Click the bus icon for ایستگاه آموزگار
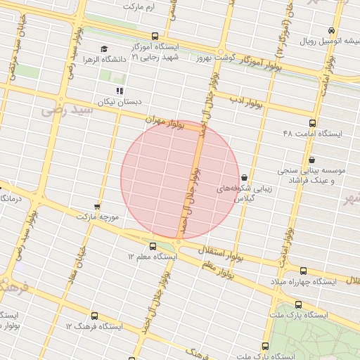pyautogui.click(x=155, y=36)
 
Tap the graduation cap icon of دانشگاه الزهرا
pyautogui.click(x=104, y=49)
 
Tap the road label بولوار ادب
pyautogui.click(x=246, y=101)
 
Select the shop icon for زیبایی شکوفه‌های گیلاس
pyautogui.click(x=244, y=177)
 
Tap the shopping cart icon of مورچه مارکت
pyautogui.click(x=97, y=207)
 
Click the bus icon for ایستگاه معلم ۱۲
pyautogui.click(x=153, y=245)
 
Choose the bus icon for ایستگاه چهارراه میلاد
pyautogui.click(x=303, y=271)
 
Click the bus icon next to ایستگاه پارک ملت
pyautogui.click(x=299, y=305)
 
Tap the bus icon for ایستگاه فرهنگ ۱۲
pyautogui.click(x=94, y=316)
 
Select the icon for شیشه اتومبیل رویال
pyautogui.click(x=331, y=30)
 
